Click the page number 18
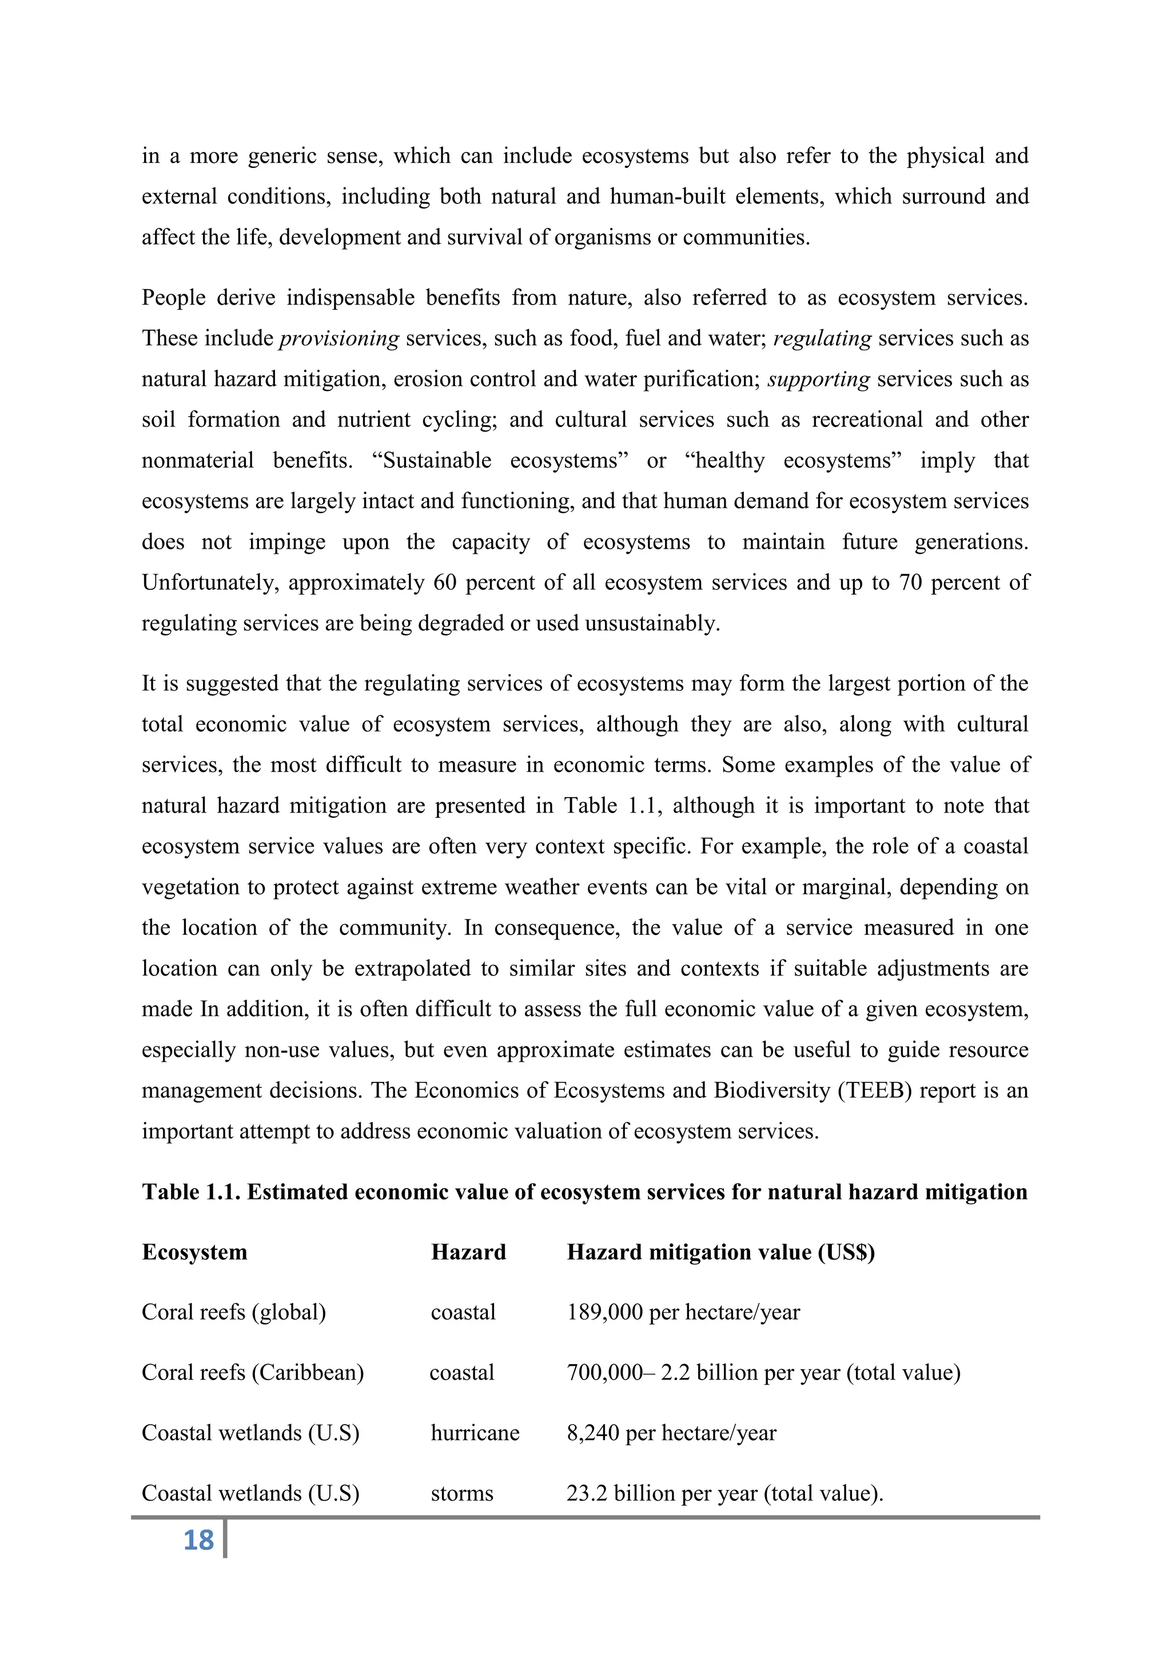point(198,1540)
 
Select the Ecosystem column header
point(194,1252)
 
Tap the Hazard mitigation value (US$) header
point(720,1252)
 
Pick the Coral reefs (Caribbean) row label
point(252,1373)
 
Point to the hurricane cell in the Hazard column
point(475,1433)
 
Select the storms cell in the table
point(461,1493)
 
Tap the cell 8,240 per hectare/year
point(671,1433)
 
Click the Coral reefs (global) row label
point(234,1312)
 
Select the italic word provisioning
point(339,339)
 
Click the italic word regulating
point(822,339)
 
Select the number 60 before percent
point(445,582)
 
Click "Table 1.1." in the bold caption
point(191,1192)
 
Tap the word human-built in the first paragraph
point(667,197)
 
